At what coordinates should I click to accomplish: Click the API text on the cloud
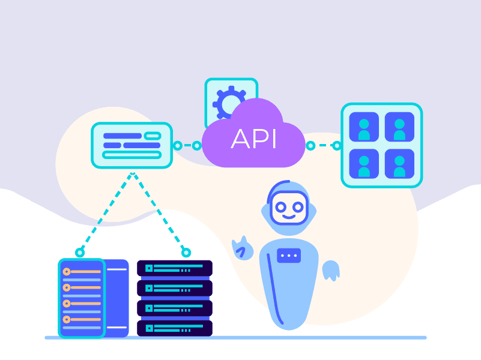coord(253,139)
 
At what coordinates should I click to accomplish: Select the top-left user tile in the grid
coord(364,127)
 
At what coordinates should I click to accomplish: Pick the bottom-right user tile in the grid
coord(399,163)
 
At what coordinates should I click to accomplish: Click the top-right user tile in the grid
coord(399,127)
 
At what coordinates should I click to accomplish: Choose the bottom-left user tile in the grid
coord(364,163)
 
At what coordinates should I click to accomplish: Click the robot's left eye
coord(281,207)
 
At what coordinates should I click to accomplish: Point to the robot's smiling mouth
coord(289,217)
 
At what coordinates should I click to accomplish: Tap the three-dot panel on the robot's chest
coord(289,256)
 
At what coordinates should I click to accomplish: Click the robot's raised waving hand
coord(243,247)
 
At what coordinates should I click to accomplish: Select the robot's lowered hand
coord(330,271)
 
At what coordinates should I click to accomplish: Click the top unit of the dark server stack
coord(175,268)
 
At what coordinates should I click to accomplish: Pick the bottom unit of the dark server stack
coord(175,328)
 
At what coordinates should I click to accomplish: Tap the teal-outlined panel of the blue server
coord(82,298)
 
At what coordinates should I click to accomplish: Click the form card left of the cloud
coord(132,145)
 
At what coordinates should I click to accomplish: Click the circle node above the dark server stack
coord(186,253)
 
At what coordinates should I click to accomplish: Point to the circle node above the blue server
coord(79,253)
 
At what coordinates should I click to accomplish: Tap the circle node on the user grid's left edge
coord(337,145)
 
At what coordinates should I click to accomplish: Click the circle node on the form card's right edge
coord(177,145)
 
